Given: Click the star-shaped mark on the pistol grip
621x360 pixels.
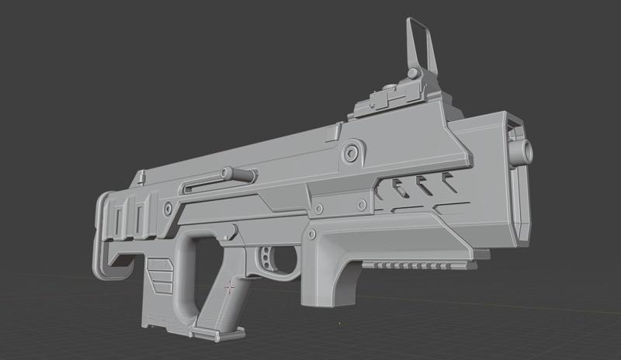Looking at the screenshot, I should click(229, 289).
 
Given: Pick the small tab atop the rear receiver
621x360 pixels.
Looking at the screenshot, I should click(140, 178).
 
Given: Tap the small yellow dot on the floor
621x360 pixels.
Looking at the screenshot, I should click(340, 323).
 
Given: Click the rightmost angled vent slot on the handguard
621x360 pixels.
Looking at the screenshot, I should click(448, 184).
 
